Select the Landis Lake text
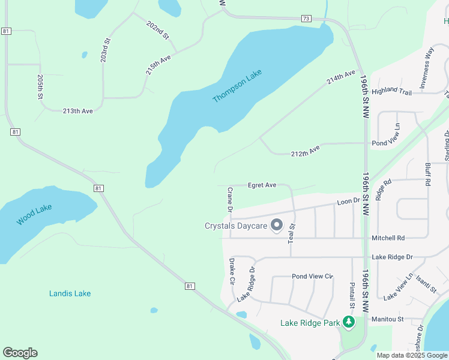pyautogui.click(x=70, y=293)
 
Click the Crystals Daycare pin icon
pyautogui.click(x=277, y=226)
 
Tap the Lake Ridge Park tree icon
pyautogui.click(x=349, y=323)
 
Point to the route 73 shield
pyautogui.click(x=306, y=19)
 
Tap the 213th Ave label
pyautogui.click(x=79, y=111)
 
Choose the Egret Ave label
pyautogui.click(x=262, y=185)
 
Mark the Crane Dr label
pyautogui.click(x=229, y=199)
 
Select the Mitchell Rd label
pyautogui.click(x=388, y=238)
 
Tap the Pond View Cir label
pyautogui.click(x=312, y=277)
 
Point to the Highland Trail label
pyautogui.click(x=391, y=91)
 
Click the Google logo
pyautogui.click(x=20, y=353)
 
